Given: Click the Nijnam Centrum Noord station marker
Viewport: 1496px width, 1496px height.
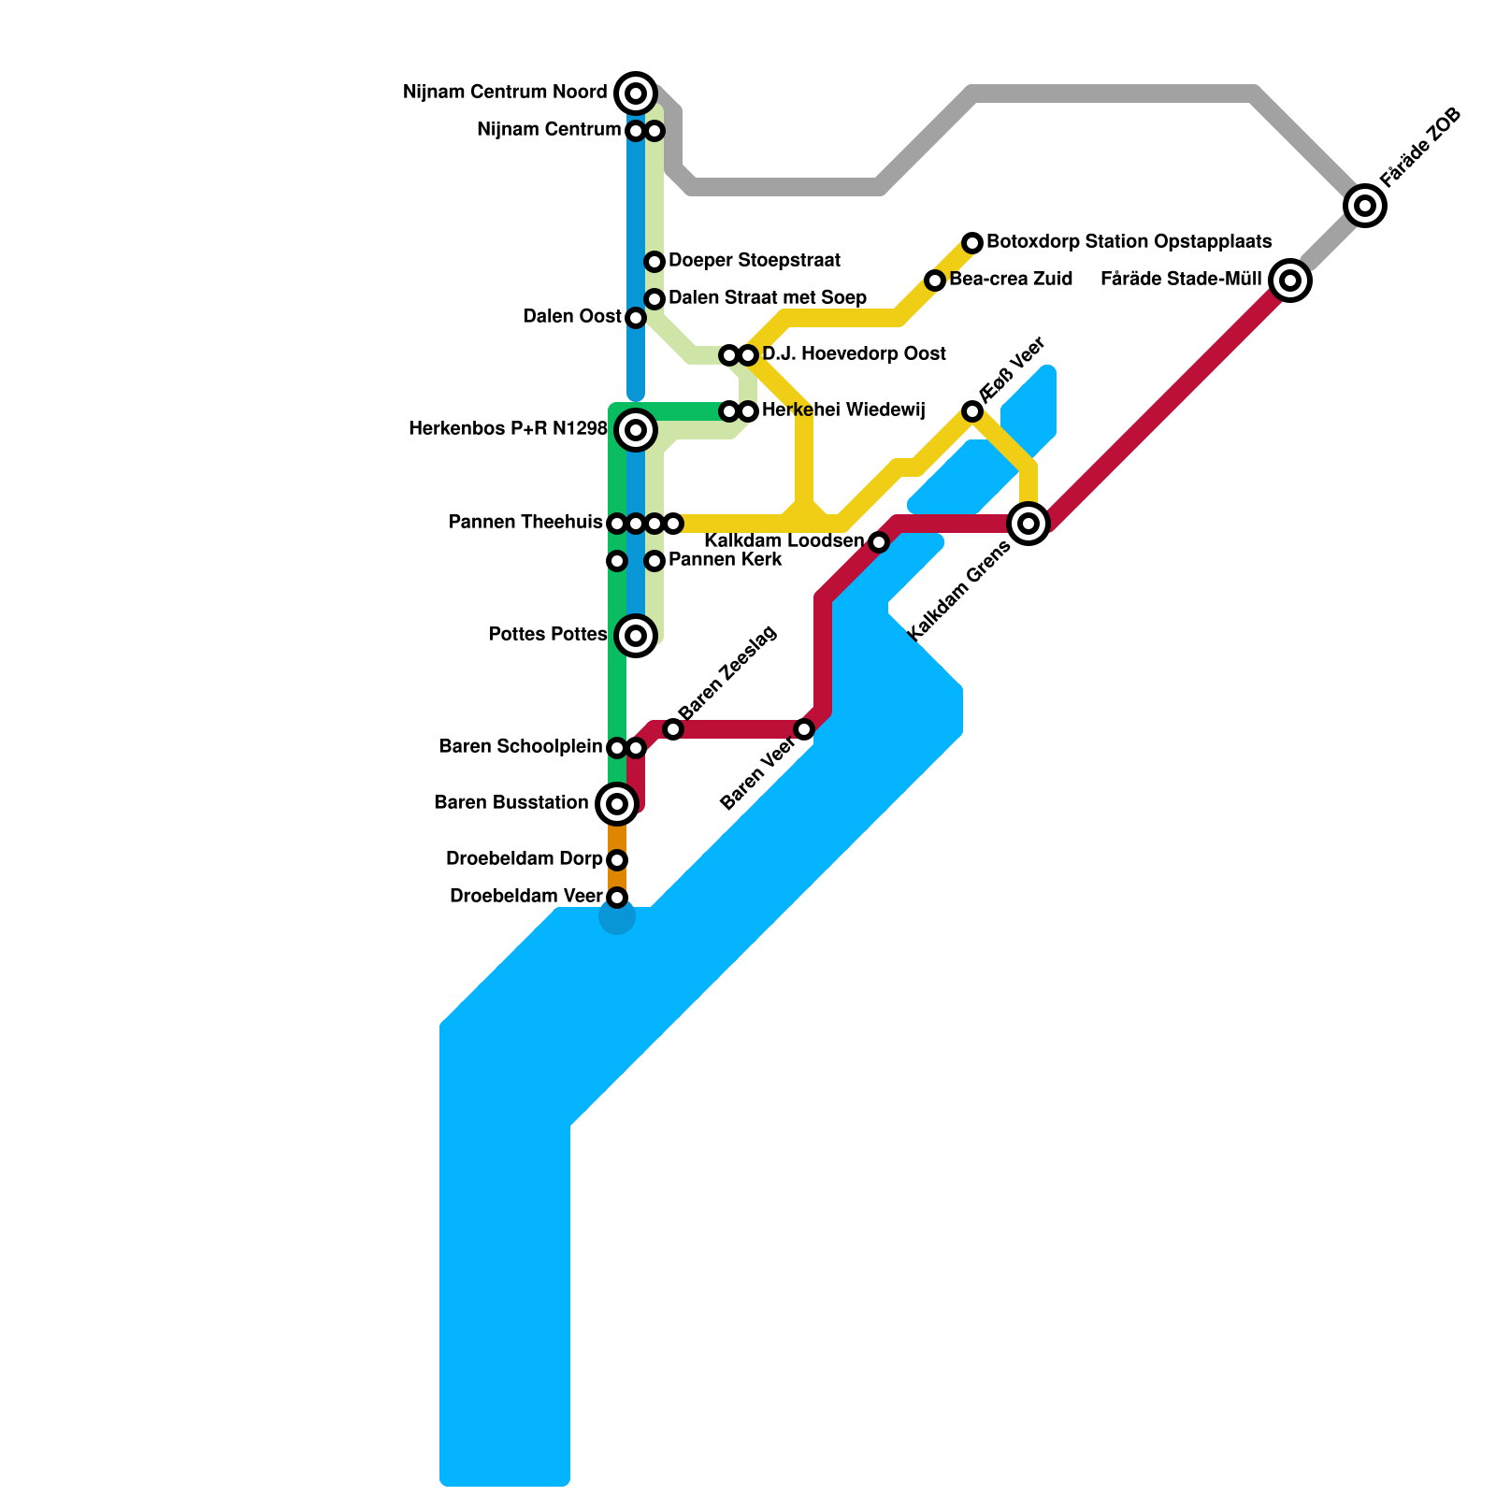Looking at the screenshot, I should click(x=636, y=93).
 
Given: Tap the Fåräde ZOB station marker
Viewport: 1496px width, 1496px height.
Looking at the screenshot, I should click(x=1365, y=205).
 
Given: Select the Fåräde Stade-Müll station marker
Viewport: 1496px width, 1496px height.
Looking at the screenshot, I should click(x=1290, y=280).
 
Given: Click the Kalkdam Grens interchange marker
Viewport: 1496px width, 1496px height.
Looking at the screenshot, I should click(x=1028, y=523).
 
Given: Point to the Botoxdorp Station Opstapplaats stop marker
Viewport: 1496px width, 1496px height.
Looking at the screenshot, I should click(x=972, y=243).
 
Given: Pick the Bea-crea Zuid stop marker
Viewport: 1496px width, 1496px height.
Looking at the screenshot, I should click(x=935, y=280).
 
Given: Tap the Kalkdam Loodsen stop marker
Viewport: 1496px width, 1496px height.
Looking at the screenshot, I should click(x=879, y=542).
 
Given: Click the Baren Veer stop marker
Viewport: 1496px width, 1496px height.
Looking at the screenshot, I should click(x=804, y=729).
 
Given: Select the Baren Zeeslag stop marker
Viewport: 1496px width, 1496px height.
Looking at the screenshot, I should click(x=673, y=729).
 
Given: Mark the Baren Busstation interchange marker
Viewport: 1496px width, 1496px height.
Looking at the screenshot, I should click(x=617, y=803).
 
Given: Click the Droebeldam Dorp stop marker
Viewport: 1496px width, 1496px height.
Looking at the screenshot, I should click(x=617, y=860).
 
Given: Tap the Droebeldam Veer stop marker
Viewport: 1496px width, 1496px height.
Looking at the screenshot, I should click(x=617, y=898).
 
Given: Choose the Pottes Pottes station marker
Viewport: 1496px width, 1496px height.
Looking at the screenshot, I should click(x=636, y=636).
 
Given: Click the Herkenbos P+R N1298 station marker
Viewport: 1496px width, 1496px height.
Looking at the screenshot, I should click(x=636, y=430).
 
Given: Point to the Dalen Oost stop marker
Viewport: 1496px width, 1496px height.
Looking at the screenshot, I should click(x=636, y=318).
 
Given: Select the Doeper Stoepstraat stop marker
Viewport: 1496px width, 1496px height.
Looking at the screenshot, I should click(x=654, y=262).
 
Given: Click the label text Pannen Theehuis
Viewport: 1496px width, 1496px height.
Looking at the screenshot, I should click(x=525, y=523).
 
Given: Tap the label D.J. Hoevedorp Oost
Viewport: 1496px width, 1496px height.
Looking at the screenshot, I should click(x=854, y=354).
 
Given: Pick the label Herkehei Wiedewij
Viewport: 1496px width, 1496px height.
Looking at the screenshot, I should click(x=843, y=410).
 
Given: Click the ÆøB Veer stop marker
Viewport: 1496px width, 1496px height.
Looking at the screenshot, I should click(x=972, y=411).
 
